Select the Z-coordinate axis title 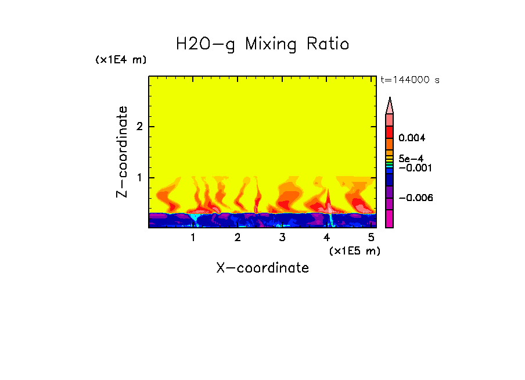pos(122,152)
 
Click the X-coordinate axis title pos(262,268)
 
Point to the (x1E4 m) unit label pos(121,60)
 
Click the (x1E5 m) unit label pos(354,250)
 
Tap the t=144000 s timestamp pos(409,80)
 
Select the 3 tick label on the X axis pos(282,238)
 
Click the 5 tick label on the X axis pos(371,238)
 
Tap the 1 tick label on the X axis pos(193,238)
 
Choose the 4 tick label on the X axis pos(326,238)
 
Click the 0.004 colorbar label pos(412,138)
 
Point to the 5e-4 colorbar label pos(411,158)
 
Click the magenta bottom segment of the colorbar pos(390,219)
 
